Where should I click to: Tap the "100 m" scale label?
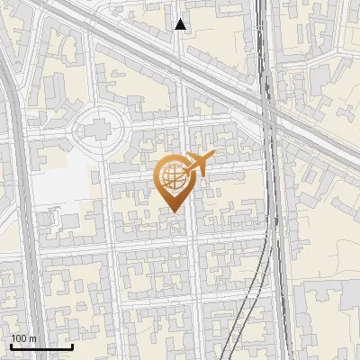(23, 338)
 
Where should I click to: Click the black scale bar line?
(41, 346)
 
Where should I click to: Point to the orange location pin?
(175, 180)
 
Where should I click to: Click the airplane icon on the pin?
(197, 164)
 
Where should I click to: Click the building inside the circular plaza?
(98, 130)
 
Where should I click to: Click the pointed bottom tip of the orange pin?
(175, 211)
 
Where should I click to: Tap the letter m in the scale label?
(31, 338)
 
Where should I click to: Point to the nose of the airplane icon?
(212, 157)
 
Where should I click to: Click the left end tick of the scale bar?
(11, 346)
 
